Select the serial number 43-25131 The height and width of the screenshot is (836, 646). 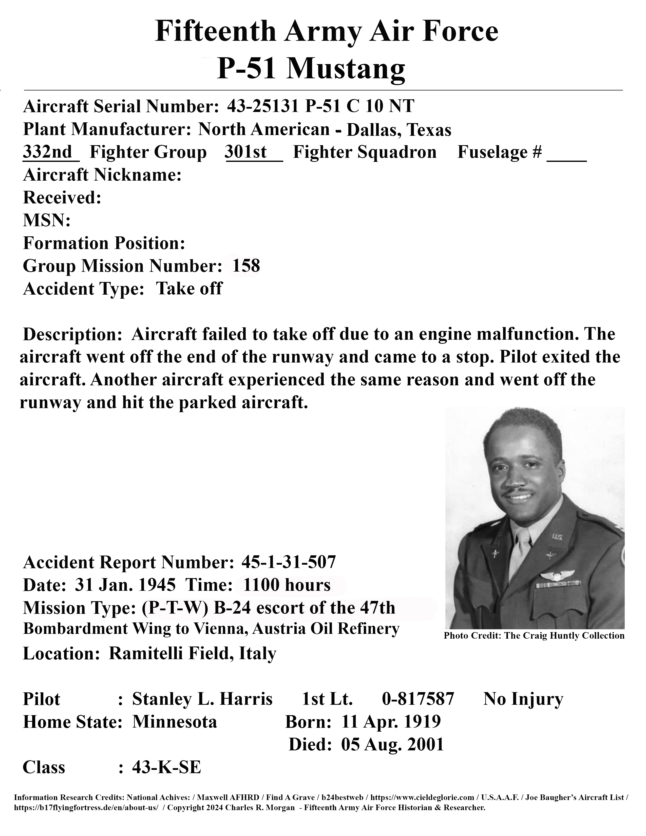tap(262, 106)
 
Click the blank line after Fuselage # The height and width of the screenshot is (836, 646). tap(566, 157)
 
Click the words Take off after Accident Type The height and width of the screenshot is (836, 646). tap(189, 288)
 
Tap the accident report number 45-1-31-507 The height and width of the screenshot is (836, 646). tap(289, 562)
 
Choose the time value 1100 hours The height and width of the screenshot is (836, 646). tap(287, 585)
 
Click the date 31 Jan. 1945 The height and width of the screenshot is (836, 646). tap(125, 585)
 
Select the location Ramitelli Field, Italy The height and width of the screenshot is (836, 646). tap(192, 653)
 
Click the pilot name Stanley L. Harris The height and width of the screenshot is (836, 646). tap(202, 699)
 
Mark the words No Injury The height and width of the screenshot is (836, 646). tap(523, 699)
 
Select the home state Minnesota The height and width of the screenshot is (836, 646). tap(175, 721)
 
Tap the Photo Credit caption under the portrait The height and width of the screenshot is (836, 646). tap(534, 636)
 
